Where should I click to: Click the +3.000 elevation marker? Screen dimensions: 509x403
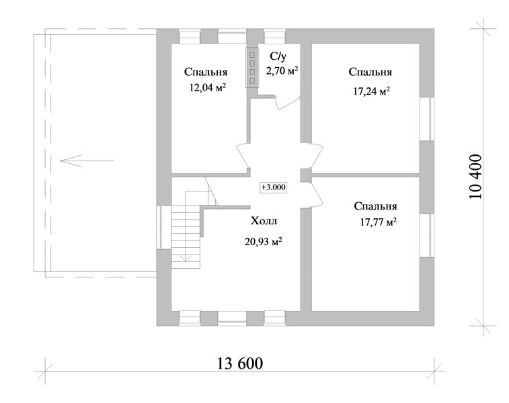(274, 187)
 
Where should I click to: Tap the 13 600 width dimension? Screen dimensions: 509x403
(239, 363)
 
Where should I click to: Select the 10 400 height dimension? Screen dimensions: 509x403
(476, 177)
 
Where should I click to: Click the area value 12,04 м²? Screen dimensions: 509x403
(208, 87)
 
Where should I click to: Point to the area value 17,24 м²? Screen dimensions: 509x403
(371, 91)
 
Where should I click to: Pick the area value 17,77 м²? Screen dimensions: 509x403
(378, 222)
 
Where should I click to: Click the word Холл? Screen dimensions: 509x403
(264, 221)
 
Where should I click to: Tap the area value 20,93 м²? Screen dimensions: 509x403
(263, 242)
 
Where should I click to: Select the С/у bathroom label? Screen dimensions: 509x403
(278, 56)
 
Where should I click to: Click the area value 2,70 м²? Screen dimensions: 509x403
(282, 71)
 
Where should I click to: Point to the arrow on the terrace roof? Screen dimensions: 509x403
(87, 161)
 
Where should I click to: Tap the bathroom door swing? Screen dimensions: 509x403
(287, 102)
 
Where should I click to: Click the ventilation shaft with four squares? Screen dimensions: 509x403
(252, 67)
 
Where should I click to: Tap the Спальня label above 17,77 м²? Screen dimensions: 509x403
(375, 206)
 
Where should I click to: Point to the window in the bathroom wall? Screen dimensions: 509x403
(274, 36)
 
